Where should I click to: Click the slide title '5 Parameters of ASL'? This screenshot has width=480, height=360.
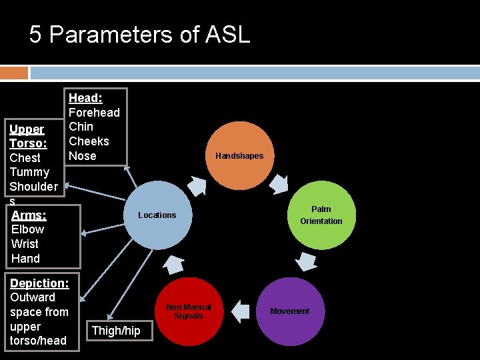pos(139,34)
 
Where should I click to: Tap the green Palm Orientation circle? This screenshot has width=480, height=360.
pos(321,215)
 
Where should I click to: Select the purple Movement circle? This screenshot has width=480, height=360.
pos(289,311)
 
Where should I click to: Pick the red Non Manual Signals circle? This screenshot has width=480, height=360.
pos(188,311)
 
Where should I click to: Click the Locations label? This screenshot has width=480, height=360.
pos(157,215)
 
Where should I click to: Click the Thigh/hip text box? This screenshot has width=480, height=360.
pos(116,331)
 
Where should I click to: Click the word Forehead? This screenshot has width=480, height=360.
pos(94,113)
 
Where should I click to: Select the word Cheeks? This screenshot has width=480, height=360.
pos(89,141)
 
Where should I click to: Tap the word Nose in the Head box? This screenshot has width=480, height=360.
pos(83,156)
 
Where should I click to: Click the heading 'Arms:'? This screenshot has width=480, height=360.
pos(29,215)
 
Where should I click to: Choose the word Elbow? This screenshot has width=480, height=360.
pos(27,229)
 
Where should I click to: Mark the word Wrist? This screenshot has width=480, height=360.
pos(25,244)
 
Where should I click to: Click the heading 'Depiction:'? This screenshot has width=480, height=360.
pos(39,283)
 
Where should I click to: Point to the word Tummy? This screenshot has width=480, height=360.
pos(29,172)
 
